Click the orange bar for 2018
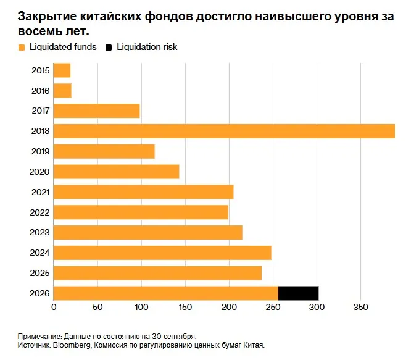pyautogui.click(x=224, y=131)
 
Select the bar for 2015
pyautogui.click(x=62, y=70)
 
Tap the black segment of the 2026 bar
pyautogui.click(x=298, y=293)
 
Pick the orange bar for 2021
pyautogui.click(x=144, y=192)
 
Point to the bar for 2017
pyautogui.click(x=97, y=111)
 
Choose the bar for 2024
pyautogui.click(x=162, y=253)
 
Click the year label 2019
pyautogui.click(x=41, y=151)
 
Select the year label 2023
pyautogui.click(x=40, y=232)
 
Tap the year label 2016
pyautogui.click(x=41, y=91)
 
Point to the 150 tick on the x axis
pyautogui.click(x=185, y=307)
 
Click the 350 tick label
pyautogui.click(x=360, y=307)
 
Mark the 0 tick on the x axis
pyautogui.click(x=54, y=307)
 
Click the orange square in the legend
pyautogui.click(x=22, y=48)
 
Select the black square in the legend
pyautogui.click(x=109, y=48)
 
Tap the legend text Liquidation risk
pyautogui.click(x=147, y=47)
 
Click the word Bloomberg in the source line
pyautogui.click(x=72, y=345)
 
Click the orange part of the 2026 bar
pyautogui.click(x=166, y=293)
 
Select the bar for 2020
pyautogui.click(x=117, y=172)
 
